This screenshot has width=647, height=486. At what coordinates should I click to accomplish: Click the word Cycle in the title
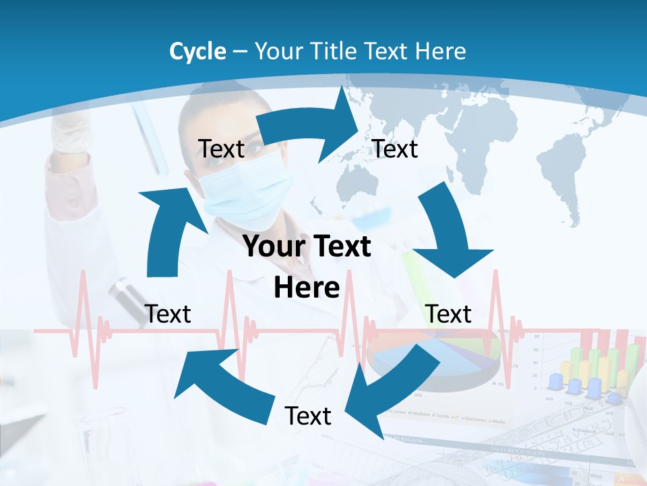[x=197, y=51]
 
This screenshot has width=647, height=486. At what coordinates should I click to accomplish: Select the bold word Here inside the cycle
[x=307, y=288]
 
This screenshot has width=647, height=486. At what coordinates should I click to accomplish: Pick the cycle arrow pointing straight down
[x=449, y=236]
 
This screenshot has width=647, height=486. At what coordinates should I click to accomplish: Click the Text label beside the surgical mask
[x=222, y=149]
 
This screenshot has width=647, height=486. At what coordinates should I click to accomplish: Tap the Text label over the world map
[x=396, y=149]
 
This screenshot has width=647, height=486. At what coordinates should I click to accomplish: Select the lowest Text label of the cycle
[x=308, y=416]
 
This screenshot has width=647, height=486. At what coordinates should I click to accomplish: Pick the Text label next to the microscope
[x=168, y=314]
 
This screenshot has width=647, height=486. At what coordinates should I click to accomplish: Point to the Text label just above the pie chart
[x=449, y=314]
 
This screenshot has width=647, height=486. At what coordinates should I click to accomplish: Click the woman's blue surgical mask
[x=253, y=189]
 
